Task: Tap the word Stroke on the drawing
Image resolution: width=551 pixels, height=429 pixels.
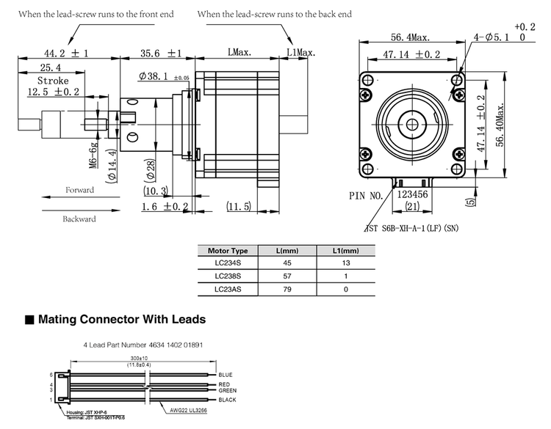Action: [53, 81]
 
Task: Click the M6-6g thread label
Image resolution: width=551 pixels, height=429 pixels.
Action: [93, 155]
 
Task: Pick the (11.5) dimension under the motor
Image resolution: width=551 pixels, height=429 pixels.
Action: [240, 207]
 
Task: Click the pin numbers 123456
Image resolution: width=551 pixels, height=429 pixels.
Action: [413, 196]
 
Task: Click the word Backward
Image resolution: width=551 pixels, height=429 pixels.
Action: [79, 219]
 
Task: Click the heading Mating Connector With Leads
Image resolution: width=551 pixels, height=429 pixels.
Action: [121, 320]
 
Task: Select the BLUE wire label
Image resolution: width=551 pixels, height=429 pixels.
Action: [226, 375]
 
